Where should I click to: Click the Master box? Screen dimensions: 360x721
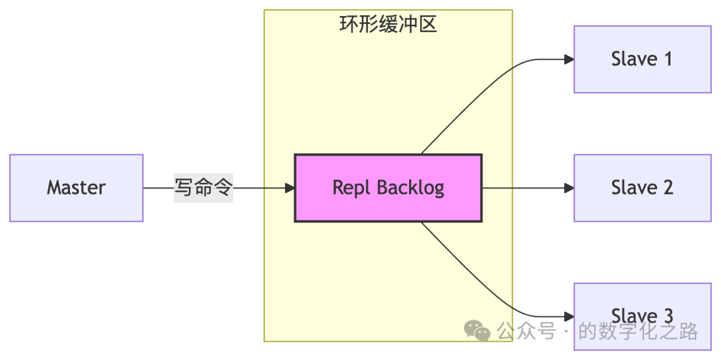[76, 188]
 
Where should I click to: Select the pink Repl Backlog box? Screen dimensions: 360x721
[388, 188]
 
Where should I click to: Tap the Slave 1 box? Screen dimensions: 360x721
[642, 59]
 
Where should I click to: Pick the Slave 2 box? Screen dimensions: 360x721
[642, 188]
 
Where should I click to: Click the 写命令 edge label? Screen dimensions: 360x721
[203, 188]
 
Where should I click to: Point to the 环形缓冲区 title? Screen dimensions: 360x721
[388, 25]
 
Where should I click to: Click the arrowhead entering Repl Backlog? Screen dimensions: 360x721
[290, 188]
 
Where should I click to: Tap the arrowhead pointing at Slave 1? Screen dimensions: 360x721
[569, 59]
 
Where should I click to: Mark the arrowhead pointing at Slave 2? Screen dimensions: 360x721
[569, 188]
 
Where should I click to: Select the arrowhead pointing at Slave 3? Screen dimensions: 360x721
[569, 317]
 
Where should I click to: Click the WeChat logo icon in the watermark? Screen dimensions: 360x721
[477, 330]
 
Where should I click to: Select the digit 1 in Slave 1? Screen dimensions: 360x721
[666, 59]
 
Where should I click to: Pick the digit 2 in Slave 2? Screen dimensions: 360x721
[666, 188]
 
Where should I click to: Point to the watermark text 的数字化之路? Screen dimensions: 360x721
[638, 331]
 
